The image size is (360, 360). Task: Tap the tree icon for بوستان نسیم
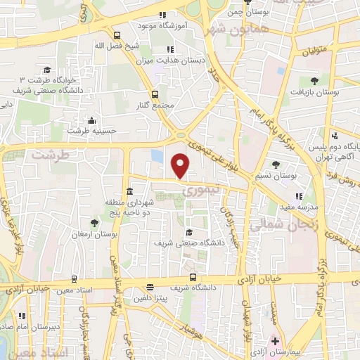click(275, 165)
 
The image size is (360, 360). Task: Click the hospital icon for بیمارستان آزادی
click(276, 342)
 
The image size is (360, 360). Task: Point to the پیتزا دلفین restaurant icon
click(150, 287)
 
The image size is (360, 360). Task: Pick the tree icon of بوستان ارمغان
click(94, 223)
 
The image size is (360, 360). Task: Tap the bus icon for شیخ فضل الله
click(116, 35)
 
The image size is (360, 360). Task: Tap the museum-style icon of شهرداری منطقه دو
click(129, 192)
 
